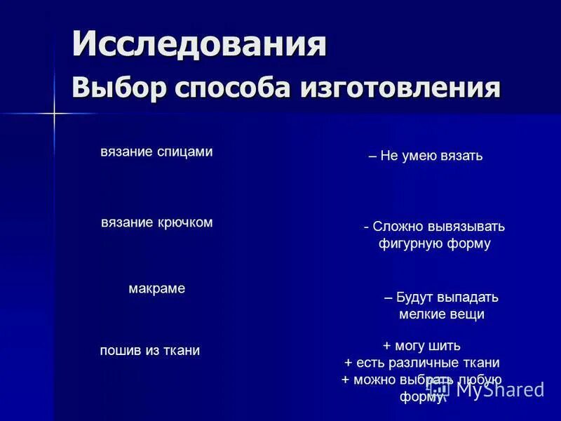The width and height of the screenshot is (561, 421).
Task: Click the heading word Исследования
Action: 199,44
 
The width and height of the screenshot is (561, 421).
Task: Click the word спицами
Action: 184,152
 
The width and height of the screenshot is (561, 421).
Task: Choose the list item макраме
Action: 157,288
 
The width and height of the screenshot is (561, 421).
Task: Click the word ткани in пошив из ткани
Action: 182,351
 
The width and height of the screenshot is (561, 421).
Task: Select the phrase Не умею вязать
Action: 431,156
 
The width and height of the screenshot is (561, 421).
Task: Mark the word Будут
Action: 413,297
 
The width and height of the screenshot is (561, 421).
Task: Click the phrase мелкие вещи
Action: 442,314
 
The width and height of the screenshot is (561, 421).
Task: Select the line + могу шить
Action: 421,345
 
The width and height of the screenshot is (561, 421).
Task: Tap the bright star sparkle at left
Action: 53,113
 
